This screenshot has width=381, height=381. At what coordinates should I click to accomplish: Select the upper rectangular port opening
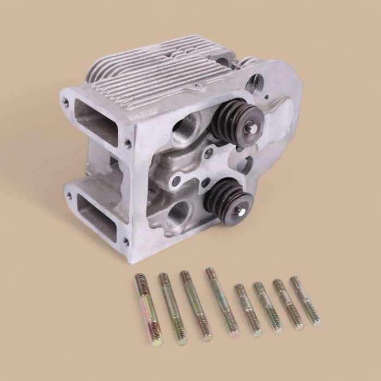(96, 119)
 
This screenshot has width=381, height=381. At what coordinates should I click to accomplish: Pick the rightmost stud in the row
(305, 301)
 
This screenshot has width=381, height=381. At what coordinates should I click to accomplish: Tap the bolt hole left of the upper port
(66, 100)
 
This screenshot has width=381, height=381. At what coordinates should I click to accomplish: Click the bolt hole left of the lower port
(66, 190)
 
